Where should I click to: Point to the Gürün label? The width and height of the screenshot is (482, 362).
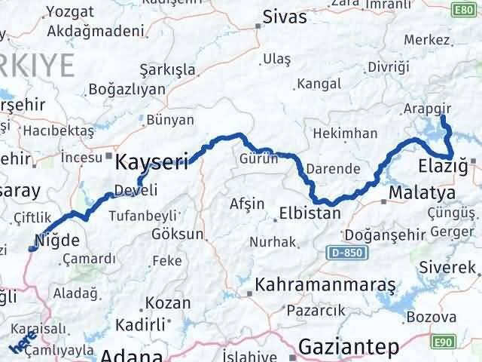[258, 158]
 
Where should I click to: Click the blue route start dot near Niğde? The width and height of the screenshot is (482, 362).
[32, 248]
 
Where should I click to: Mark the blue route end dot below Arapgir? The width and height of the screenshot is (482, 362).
[442, 118]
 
